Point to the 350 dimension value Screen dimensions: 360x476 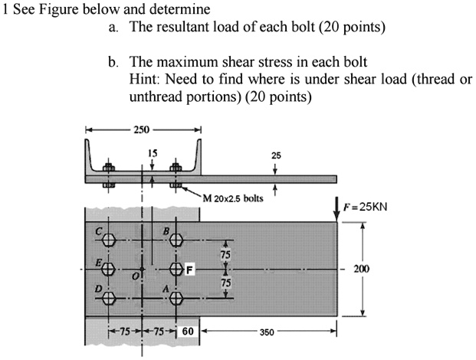pos(267,332)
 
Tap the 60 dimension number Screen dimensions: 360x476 pos(189,332)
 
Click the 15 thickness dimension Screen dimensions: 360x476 pos(152,152)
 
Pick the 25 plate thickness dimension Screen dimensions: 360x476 pos(275,155)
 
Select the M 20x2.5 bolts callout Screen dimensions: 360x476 pos(233,198)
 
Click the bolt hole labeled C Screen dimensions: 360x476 pos(109,241)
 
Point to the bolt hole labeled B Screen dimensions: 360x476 pos(177,241)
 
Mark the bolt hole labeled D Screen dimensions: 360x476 pos(109,296)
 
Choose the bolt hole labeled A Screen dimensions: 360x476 pos(177,296)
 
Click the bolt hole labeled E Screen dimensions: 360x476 pos(109,269)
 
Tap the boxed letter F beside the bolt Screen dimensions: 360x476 pos(190,269)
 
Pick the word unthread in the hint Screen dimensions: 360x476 pos(156,97)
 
